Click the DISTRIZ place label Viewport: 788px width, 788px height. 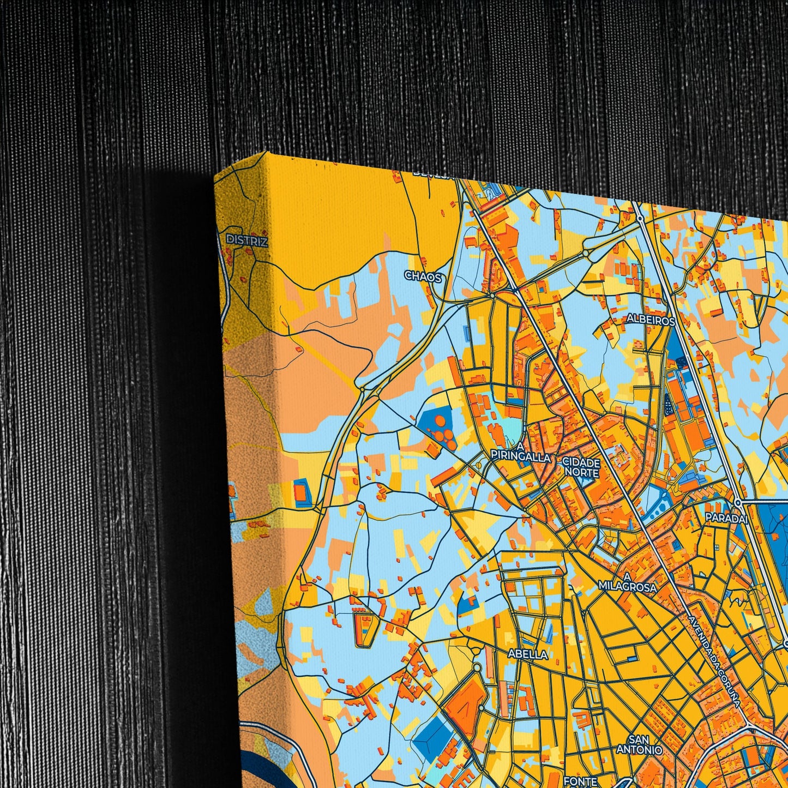pyautogui.click(x=247, y=240)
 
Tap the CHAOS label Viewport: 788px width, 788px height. pyautogui.click(x=423, y=276)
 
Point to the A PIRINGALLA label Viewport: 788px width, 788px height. pyautogui.click(x=520, y=453)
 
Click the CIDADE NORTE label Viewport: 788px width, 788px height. pyautogui.click(x=582, y=466)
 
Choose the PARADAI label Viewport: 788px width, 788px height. pyautogui.click(x=726, y=518)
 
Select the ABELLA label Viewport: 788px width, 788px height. pyautogui.click(x=527, y=654)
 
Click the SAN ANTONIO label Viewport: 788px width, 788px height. pyautogui.click(x=639, y=745)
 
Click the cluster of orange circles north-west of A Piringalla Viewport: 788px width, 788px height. pyautogui.click(x=442, y=436)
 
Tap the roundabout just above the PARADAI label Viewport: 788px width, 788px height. pyautogui.click(x=737, y=502)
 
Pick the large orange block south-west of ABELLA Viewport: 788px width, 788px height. pyautogui.click(x=465, y=701)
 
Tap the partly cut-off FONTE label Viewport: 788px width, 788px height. pyautogui.click(x=581, y=781)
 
